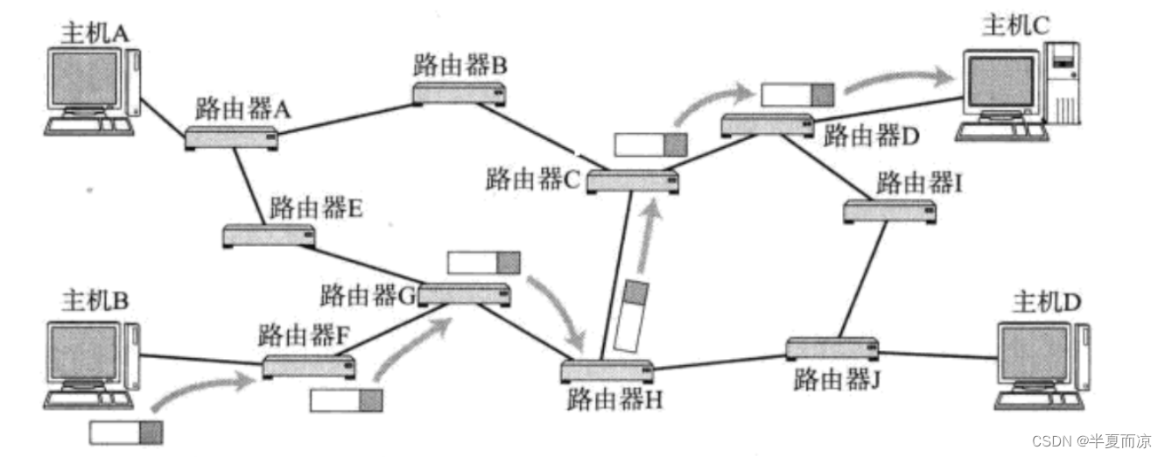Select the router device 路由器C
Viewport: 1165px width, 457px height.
pos(633,181)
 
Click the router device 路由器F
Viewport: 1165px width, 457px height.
pos(309,365)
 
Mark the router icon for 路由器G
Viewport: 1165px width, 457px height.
pos(464,295)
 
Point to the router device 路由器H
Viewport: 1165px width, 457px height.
pos(607,369)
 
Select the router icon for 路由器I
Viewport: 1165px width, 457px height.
pos(889,211)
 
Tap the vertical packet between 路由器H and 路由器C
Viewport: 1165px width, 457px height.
pos(631,315)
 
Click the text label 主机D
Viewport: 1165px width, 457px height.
pos(1047,302)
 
